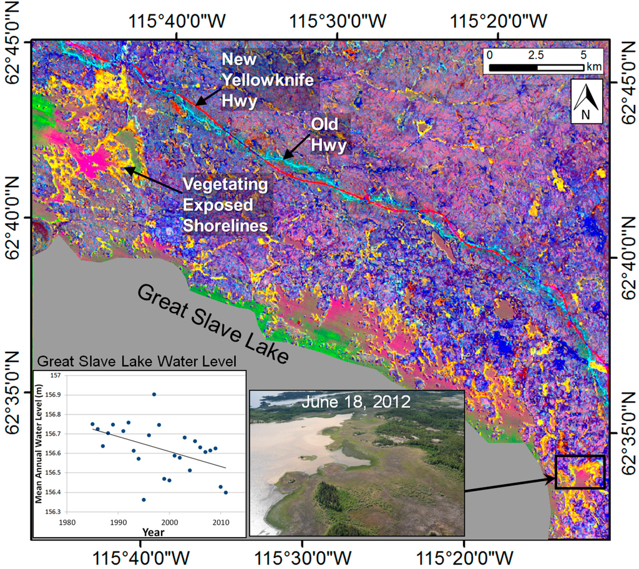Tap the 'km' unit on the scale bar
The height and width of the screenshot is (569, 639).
pos(593,66)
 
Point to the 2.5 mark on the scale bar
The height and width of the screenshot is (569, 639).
pos(535,54)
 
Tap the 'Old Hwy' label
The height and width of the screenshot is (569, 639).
pos(324,134)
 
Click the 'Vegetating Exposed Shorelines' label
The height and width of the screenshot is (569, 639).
pos(225,204)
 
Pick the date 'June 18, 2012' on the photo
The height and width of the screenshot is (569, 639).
pos(356,401)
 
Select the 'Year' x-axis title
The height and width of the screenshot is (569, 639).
pos(153,532)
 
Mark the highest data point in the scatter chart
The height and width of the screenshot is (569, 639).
pos(154,394)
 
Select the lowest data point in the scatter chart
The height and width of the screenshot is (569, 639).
pos(144,499)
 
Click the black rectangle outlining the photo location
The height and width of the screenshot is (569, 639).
pos(580,472)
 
